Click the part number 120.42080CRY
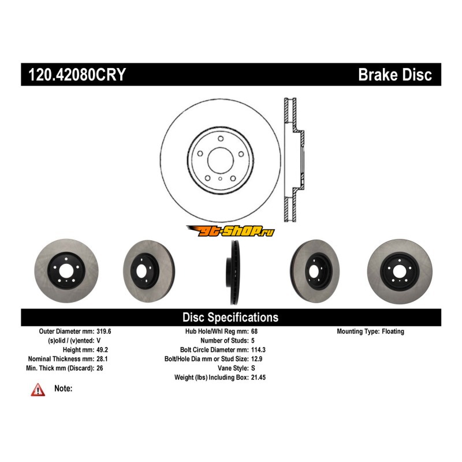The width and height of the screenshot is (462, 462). pyautogui.click(x=76, y=75)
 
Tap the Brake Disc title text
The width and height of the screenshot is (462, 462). pyautogui.click(x=395, y=75)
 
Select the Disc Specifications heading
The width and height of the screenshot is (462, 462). pyautogui.click(x=230, y=317)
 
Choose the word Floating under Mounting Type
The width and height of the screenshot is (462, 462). pyautogui.click(x=393, y=331)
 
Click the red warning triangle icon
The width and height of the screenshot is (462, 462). pyautogui.click(x=38, y=390)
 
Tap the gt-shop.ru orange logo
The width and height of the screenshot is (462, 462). pyautogui.click(x=230, y=232)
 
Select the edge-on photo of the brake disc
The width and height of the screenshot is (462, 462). pyautogui.click(x=233, y=271)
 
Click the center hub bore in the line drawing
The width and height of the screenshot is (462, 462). pyautogui.click(x=220, y=159)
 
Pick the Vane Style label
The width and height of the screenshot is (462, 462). pyautogui.click(x=230, y=368)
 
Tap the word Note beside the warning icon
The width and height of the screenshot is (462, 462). pyautogui.click(x=63, y=389)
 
